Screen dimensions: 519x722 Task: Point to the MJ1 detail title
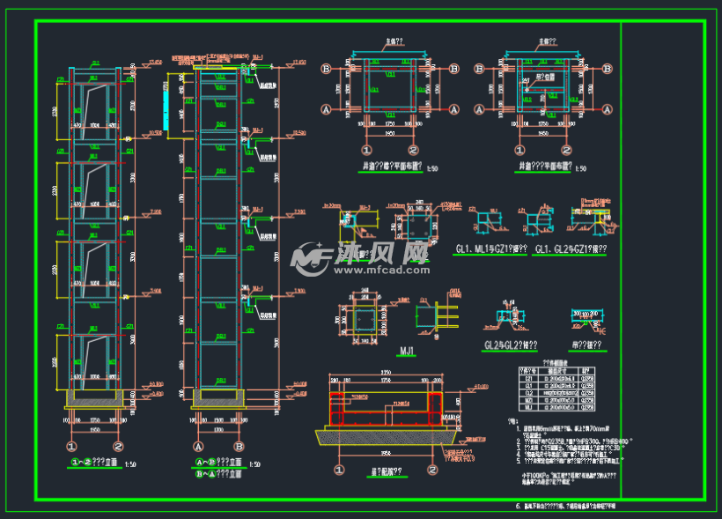pos(408,351)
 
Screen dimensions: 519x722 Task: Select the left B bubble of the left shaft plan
pos(327,68)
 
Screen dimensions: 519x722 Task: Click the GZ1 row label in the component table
pos(529,378)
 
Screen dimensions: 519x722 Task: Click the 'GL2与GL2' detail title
pos(512,345)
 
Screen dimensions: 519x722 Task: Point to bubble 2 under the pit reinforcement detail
pos(431,470)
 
